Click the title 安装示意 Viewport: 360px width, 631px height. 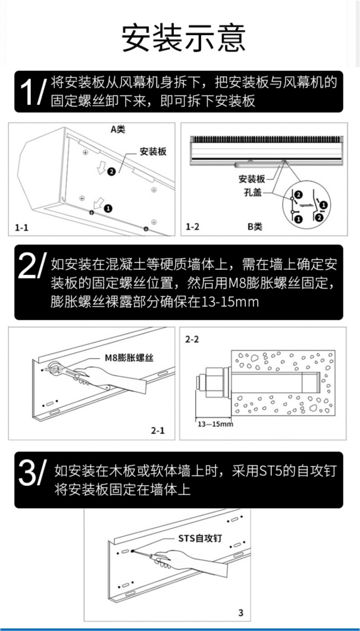[183, 38]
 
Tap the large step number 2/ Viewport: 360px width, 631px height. [31, 267]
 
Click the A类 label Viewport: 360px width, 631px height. [117, 129]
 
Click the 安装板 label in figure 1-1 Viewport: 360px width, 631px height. [153, 151]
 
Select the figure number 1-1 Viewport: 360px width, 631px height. [21, 227]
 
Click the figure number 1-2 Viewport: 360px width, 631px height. [192, 227]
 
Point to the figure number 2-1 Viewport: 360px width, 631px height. [157, 430]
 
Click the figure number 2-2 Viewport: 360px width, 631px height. [193, 339]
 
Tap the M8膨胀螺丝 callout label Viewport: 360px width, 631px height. [129, 357]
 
